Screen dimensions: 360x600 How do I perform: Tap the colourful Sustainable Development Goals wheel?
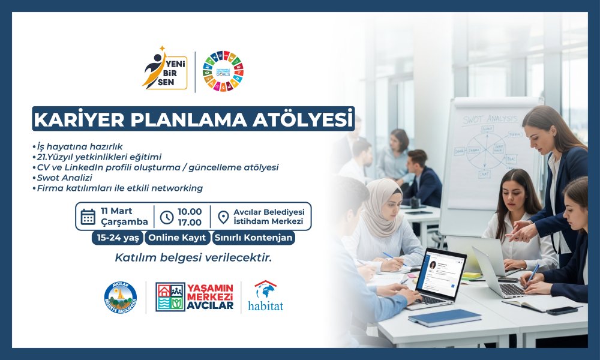tap(223, 71)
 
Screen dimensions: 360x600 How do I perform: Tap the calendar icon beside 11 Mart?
tap(88, 217)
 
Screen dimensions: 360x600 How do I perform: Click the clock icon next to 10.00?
tap(167, 217)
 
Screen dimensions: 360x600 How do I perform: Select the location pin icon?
tap(223, 217)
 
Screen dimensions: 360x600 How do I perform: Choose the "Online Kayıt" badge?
tap(176, 238)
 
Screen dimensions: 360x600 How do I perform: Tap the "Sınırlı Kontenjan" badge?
tap(253, 238)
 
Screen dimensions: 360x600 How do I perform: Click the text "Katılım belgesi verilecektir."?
tap(193, 259)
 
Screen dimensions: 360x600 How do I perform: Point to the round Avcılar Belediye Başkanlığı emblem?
tap(120, 297)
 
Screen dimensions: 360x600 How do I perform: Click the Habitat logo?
tap(265, 296)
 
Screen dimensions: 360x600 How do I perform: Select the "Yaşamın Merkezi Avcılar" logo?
tap(194, 297)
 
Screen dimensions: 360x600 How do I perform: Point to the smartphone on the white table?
tap(562, 310)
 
